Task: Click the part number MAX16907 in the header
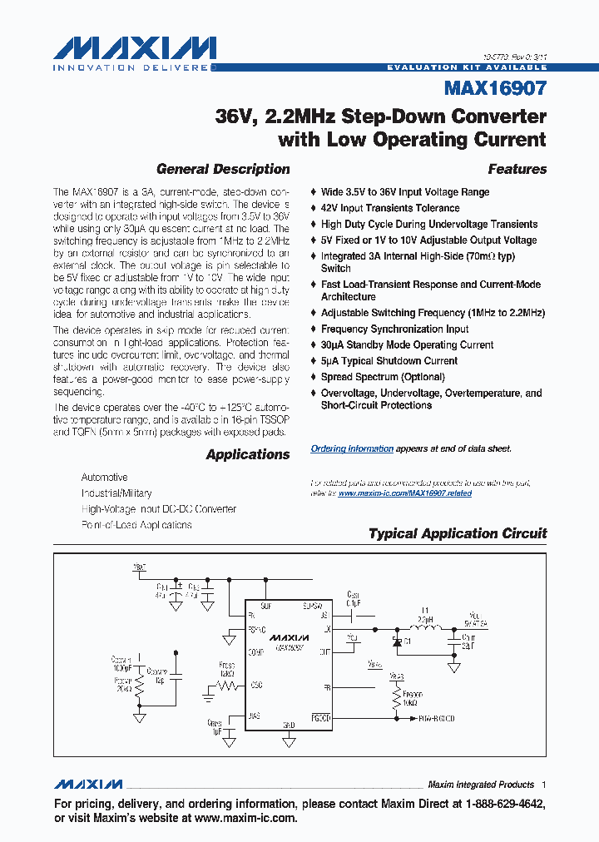(496, 87)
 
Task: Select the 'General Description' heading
(223, 169)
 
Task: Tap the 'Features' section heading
(517, 169)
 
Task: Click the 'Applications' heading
(248, 454)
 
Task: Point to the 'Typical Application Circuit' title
(458, 533)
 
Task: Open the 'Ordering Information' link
(352, 448)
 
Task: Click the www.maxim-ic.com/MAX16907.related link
(404, 493)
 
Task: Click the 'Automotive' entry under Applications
(104, 478)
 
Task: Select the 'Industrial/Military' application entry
(116, 493)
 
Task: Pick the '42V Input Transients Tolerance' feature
(390, 208)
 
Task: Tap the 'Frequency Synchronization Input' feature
(395, 329)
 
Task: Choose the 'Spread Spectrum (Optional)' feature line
(383, 377)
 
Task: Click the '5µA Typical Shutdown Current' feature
(389, 361)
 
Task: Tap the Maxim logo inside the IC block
(288, 636)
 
